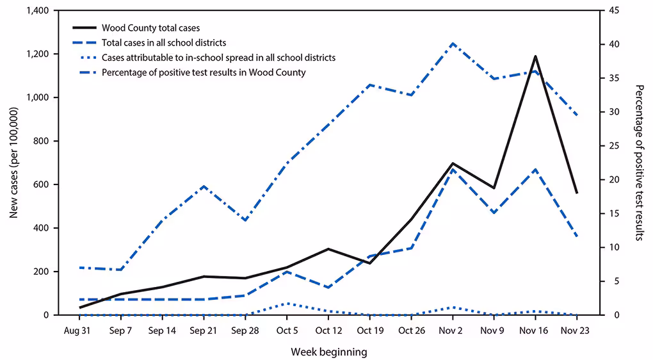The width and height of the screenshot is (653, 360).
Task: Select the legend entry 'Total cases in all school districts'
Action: [164, 43]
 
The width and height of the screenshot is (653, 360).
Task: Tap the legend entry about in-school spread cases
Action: [218, 58]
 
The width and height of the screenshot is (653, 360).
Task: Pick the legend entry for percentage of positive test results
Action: [204, 72]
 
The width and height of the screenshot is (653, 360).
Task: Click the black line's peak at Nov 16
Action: [535, 56]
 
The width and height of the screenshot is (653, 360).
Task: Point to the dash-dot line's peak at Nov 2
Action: [453, 44]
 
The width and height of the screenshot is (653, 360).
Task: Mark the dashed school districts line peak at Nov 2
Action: [453, 169]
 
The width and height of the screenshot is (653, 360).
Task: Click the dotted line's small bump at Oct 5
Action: [287, 304]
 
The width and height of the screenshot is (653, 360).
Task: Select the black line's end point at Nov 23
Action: [577, 193]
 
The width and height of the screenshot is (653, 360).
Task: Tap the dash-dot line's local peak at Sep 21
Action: [204, 186]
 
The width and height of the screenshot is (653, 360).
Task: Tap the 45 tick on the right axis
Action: [613, 11]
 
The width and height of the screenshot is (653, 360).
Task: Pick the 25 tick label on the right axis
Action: [613, 146]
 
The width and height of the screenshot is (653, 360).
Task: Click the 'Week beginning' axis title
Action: [329, 352]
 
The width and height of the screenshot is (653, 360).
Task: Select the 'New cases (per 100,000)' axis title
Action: [13, 163]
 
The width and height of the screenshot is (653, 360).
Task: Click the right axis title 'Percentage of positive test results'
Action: [638, 163]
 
